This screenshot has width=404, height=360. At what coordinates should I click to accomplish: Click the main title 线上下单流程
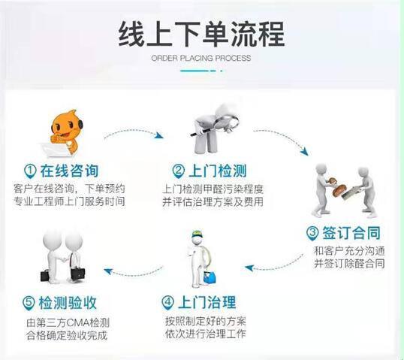pos(201,34)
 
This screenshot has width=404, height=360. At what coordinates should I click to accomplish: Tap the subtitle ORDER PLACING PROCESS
pos(201,58)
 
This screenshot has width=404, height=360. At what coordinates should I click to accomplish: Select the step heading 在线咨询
pos(69,171)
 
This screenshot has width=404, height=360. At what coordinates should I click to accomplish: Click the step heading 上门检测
pos(218,171)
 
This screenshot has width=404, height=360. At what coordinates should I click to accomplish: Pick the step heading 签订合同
pos(351,233)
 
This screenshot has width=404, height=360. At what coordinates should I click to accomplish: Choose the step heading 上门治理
pos(207,302)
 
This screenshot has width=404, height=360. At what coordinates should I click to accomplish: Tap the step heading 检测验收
pos(68,302)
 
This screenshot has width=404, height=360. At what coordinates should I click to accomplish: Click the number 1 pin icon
pos(30,171)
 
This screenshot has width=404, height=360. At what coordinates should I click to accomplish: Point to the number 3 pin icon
pos(312,233)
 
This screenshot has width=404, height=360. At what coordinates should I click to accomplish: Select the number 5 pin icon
pos(29,303)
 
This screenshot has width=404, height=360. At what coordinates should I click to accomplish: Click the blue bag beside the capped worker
pos(210,277)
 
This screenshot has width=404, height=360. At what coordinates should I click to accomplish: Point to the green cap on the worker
pos(197,234)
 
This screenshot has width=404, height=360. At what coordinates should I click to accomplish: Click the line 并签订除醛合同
pos(349,263)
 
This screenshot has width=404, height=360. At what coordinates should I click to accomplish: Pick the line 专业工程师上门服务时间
pos(69,201)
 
